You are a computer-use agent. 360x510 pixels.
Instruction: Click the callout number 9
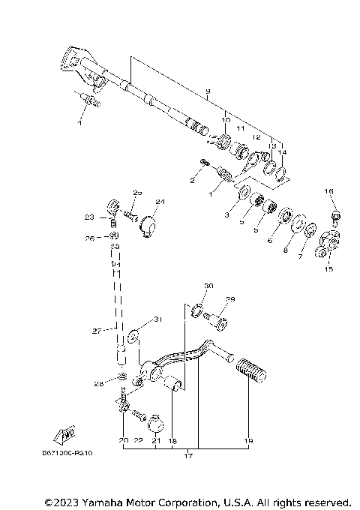(x=207, y=91)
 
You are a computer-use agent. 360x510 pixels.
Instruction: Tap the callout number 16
(x=328, y=192)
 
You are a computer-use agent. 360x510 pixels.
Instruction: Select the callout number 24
(x=159, y=202)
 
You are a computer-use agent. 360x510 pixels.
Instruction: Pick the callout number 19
(x=250, y=442)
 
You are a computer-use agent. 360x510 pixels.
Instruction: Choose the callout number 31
(x=157, y=319)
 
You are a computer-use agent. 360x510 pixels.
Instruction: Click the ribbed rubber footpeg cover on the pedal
(x=250, y=370)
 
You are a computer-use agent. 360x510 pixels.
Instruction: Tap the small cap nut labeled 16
(x=335, y=217)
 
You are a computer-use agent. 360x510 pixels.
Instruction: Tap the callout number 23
(x=89, y=218)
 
